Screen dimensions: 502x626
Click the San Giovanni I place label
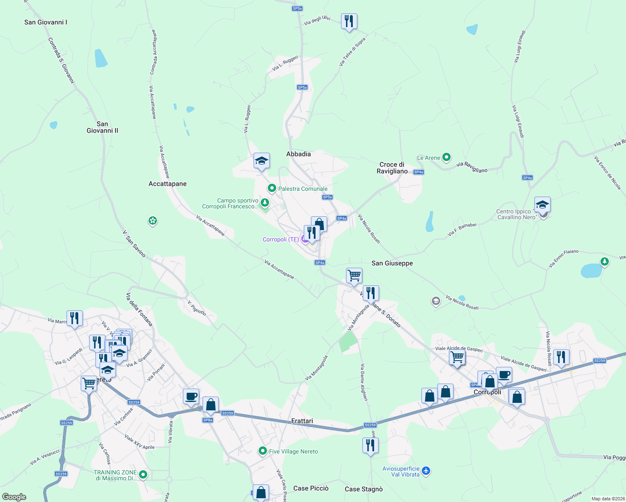(46, 22)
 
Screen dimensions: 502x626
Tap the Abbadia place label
(298, 154)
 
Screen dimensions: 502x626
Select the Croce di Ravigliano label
(392, 168)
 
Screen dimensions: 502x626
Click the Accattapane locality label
(167, 184)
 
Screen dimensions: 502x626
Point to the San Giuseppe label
(392, 263)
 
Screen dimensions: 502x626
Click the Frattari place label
(302, 421)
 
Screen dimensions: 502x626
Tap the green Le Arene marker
(446, 157)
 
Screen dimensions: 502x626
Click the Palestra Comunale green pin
(272, 188)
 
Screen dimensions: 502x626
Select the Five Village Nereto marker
(262, 451)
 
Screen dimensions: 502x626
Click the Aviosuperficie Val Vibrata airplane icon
(426, 471)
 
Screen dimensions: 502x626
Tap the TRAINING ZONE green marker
(143, 474)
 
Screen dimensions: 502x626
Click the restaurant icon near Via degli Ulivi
(349, 21)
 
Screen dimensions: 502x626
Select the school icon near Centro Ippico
(542, 205)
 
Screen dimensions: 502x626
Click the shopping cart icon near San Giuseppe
(354, 276)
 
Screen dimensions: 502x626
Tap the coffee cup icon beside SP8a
(191, 396)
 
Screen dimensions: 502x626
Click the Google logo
(14, 497)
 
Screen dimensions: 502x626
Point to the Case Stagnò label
(363, 489)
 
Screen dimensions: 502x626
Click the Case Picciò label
(310, 488)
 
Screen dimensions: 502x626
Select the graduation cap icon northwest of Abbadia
(262, 161)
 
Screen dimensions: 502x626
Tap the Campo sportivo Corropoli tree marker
(264, 203)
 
